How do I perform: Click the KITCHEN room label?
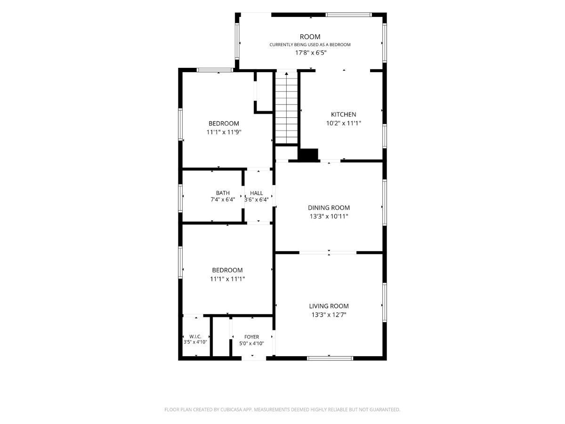click(x=343, y=114)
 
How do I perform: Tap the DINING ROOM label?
click(x=329, y=207)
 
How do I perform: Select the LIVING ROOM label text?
click(x=329, y=306)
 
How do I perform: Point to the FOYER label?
click(x=251, y=337)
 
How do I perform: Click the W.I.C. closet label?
click(x=195, y=336)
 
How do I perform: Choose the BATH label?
click(x=223, y=193)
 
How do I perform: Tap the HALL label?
click(x=257, y=193)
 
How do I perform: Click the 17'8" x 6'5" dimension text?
click(x=310, y=53)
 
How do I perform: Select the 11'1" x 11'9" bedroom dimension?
click(x=224, y=132)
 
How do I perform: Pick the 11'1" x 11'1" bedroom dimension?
click(x=227, y=279)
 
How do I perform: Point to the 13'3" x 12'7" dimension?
click(x=329, y=315)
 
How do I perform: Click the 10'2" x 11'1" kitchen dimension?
click(x=343, y=123)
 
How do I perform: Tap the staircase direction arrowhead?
click(x=286, y=74)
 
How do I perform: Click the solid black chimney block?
click(x=308, y=155)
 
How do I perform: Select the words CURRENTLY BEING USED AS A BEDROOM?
click(x=310, y=45)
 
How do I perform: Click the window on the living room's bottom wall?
click(x=330, y=358)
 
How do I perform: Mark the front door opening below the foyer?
click(x=253, y=358)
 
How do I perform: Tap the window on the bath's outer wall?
click(x=180, y=198)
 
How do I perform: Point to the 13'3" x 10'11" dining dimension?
click(x=329, y=216)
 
